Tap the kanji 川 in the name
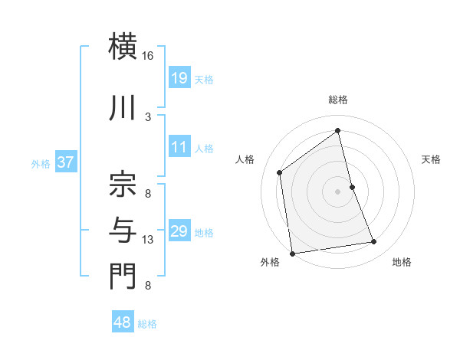click(x=123, y=107)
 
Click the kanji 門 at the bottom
click(x=123, y=277)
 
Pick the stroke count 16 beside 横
click(x=147, y=56)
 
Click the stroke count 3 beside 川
click(x=148, y=116)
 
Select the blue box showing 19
click(x=179, y=77)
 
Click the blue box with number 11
click(x=179, y=147)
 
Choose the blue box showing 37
click(x=65, y=162)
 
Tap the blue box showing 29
click(x=179, y=231)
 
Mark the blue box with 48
click(x=123, y=322)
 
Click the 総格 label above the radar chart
click(x=338, y=100)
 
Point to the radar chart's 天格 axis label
click(x=431, y=159)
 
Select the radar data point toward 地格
click(x=374, y=242)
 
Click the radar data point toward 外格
click(x=292, y=253)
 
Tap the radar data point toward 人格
click(x=280, y=172)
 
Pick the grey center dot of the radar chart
click(x=338, y=191)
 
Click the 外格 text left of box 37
click(x=41, y=163)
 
